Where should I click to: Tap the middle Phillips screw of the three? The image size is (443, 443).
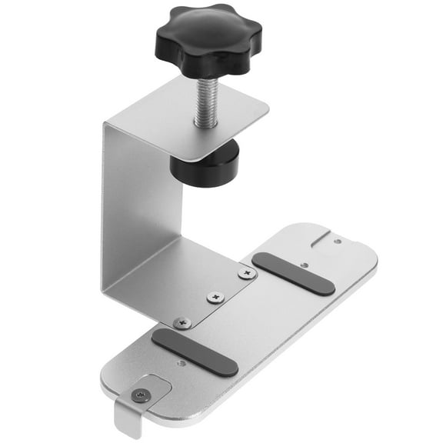(x=216, y=297)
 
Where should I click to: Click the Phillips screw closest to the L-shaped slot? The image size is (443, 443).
(x=246, y=273)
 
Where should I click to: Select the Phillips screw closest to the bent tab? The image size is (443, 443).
(x=182, y=323)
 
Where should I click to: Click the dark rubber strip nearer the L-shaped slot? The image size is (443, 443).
(x=293, y=273)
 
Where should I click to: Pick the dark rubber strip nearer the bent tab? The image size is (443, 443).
(x=194, y=351)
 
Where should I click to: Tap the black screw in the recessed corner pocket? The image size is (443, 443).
(x=139, y=395)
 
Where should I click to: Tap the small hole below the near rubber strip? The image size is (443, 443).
(x=182, y=363)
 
